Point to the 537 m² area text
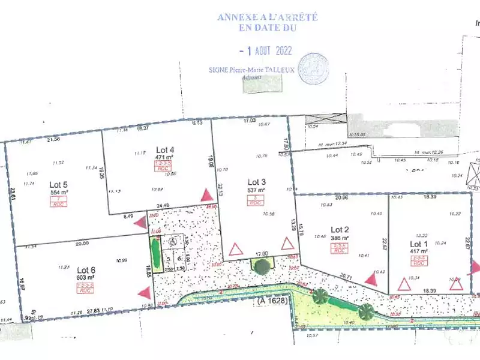tap(256, 190)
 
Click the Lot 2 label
tap(340, 229)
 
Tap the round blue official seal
tap(313, 68)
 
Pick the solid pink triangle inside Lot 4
tap(206, 195)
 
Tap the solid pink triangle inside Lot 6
tap(143, 293)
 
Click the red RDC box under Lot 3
tap(256, 203)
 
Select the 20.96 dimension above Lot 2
tap(341, 197)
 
